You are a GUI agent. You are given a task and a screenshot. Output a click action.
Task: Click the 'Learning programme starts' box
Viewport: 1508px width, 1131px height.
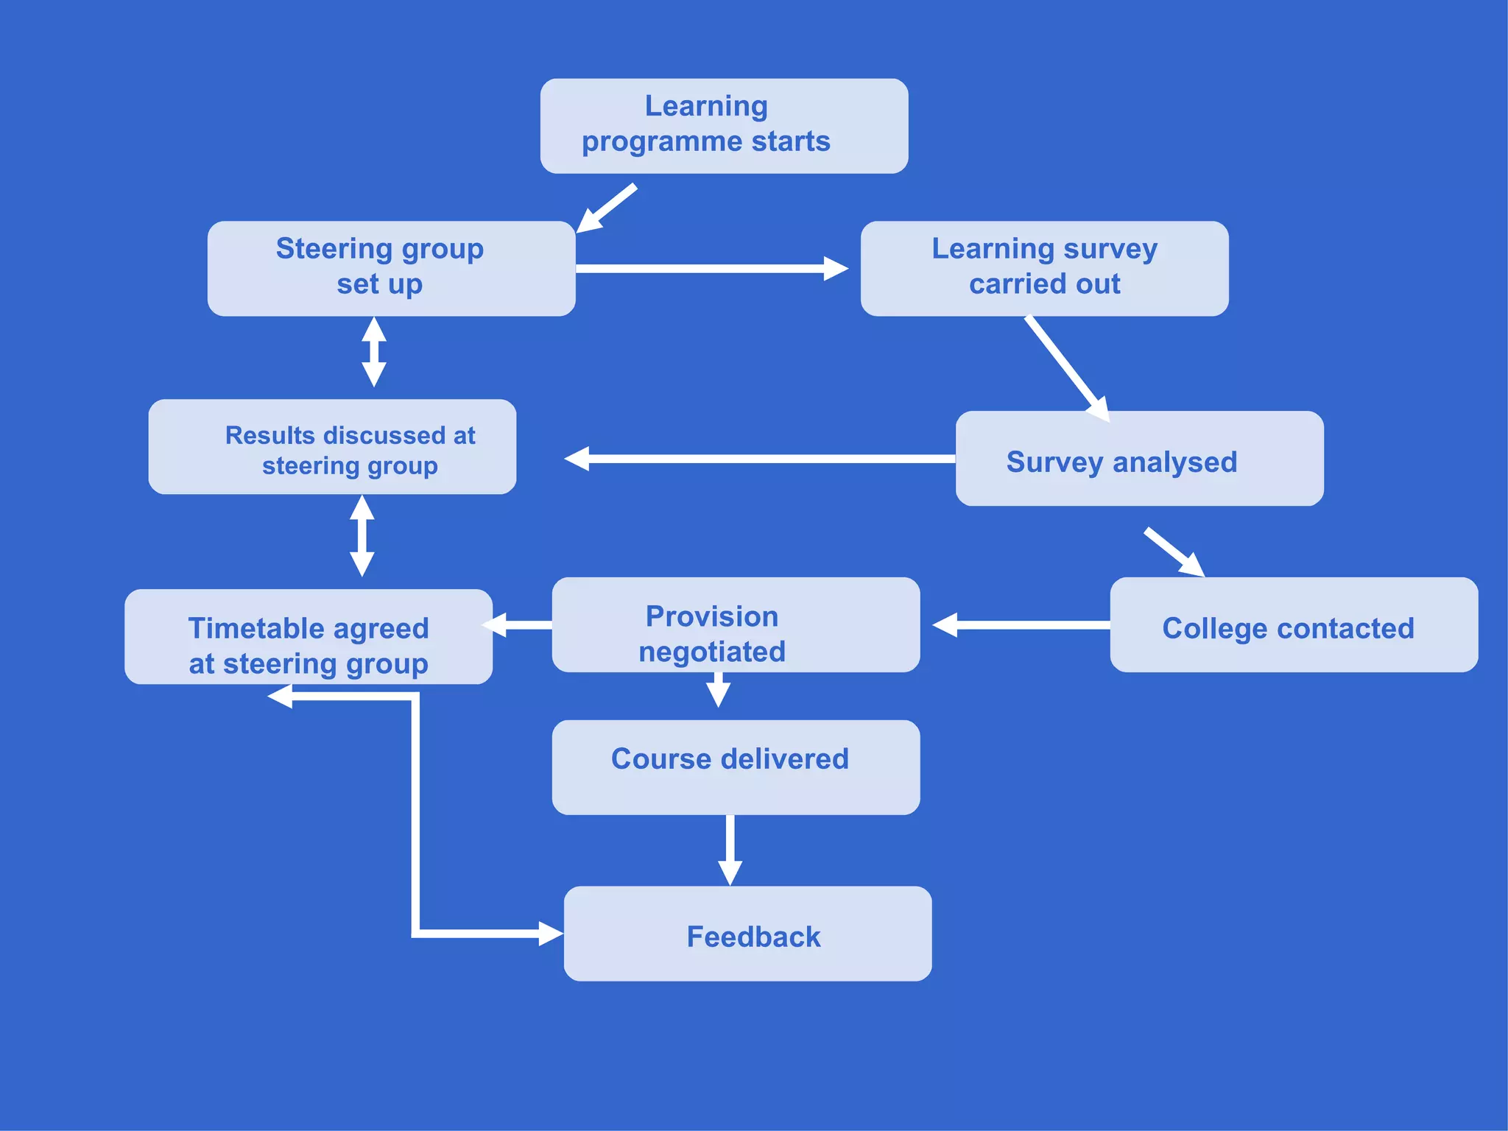tap(724, 126)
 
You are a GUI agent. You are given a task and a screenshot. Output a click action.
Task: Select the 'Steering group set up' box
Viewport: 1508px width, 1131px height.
tap(391, 269)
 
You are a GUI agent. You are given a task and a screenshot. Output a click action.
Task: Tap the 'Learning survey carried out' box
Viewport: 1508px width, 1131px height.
tap(1044, 269)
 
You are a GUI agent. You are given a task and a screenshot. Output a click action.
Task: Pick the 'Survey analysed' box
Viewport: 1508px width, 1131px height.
tap(1139, 459)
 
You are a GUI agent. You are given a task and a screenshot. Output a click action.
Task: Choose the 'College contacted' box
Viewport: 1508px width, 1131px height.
tap(1294, 625)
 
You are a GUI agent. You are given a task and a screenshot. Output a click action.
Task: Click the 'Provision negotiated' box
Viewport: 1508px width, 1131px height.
tap(736, 625)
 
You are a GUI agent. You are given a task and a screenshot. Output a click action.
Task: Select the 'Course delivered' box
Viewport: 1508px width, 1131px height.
tap(736, 767)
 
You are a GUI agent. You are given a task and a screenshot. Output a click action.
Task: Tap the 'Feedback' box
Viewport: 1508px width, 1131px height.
tap(747, 934)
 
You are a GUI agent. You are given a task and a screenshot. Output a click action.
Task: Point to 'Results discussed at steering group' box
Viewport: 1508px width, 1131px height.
tap(332, 447)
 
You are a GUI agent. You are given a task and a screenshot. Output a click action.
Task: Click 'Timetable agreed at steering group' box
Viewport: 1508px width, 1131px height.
tap(309, 637)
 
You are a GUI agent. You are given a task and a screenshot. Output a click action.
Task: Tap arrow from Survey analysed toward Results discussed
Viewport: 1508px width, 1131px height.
tap(758, 459)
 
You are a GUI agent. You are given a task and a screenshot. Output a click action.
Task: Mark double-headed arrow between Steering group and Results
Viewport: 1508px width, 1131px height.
tap(374, 352)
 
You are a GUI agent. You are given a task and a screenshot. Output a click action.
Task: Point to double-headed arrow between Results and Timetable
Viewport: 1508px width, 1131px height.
tap(362, 535)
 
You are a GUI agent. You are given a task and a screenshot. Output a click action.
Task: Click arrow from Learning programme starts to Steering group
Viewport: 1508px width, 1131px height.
tap(608, 207)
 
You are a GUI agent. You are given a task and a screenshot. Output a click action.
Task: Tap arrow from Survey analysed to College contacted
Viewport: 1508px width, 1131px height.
tap(1174, 552)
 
